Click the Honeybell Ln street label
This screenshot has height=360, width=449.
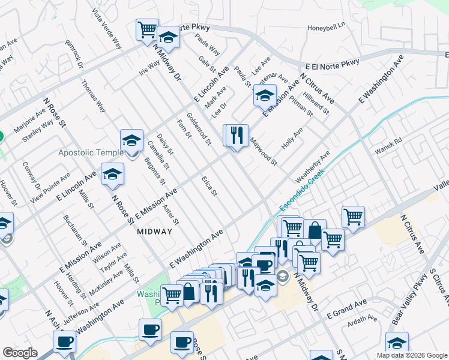(x=327, y=26)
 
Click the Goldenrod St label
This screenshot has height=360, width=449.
(x=199, y=129)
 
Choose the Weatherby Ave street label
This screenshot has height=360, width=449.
(x=313, y=167)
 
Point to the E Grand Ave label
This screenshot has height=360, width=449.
(x=346, y=311)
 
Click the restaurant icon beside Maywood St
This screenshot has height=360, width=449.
(x=237, y=136)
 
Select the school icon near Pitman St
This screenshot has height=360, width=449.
(x=264, y=95)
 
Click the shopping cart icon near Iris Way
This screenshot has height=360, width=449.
(x=147, y=29)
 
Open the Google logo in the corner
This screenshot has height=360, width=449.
(x=20, y=353)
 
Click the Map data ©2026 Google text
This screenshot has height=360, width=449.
(x=411, y=355)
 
